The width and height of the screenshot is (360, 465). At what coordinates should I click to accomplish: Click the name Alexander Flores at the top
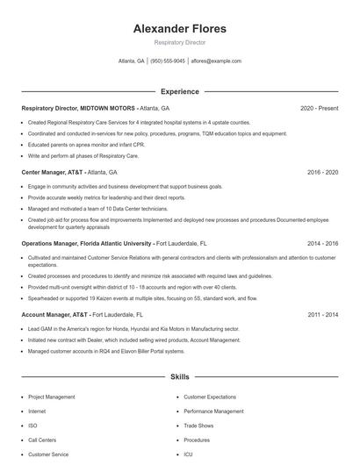[179, 29]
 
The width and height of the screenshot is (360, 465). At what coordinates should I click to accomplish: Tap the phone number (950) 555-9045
[168, 61]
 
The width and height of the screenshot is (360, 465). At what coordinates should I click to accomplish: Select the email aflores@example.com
[216, 61]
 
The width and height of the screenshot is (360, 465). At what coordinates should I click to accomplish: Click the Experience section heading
[179, 91]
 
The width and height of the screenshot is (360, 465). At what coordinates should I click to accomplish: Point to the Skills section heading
[179, 376]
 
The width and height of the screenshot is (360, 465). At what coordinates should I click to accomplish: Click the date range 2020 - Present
[319, 108]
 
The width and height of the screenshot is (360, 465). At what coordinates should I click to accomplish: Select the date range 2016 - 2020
[322, 173]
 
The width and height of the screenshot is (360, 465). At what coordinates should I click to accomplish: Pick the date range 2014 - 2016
[322, 243]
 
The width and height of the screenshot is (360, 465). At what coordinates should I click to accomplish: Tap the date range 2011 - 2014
[322, 313]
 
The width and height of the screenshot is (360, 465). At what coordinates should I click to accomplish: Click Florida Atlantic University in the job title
[114, 243]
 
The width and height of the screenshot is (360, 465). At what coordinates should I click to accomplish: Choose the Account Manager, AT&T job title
[54, 313]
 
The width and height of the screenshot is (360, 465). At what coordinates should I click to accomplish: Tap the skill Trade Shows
[198, 426]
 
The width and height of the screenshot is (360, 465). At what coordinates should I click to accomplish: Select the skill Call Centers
[42, 440]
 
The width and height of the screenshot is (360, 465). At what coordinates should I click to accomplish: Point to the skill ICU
[188, 454]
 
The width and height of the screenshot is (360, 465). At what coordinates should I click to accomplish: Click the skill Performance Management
[213, 411]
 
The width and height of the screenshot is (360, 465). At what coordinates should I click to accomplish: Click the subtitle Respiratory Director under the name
[179, 42]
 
